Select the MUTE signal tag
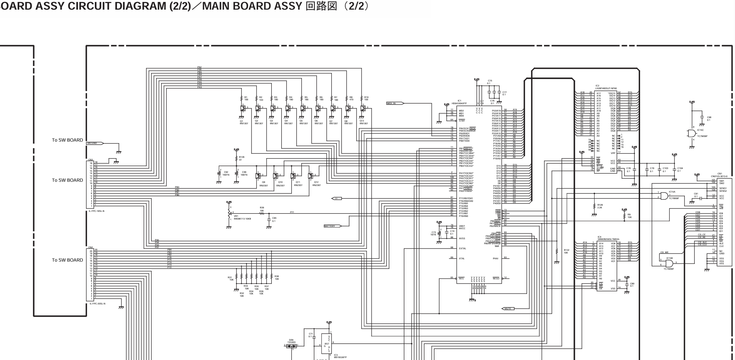[509, 309]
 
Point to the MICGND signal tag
[94, 143]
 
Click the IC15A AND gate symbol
[664, 196]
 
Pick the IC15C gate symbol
[691, 133]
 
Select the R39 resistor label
[262, 208]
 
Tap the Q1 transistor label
[242, 121]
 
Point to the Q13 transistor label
[362, 121]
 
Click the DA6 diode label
[291, 340]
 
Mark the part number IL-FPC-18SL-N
[96, 211]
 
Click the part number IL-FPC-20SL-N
[97, 304]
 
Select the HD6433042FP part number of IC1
[459, 103]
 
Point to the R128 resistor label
[600, 205]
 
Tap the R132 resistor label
[566, 250]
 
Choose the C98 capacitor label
[709, 117]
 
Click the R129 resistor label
[242, 157]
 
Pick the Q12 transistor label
[316, 182]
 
